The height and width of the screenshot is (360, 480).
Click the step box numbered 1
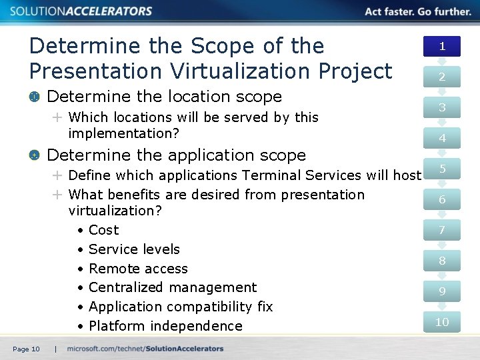click(441, 46)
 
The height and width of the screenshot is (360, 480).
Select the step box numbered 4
click(441, 138)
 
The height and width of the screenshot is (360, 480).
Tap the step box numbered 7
click(441, 230)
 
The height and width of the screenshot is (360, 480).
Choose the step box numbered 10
click(441, 322)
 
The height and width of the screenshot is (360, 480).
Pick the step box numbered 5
click(441, 169)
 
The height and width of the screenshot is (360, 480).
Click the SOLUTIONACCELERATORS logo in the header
click(81, 11)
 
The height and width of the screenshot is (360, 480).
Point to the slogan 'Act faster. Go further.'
click(418, 11)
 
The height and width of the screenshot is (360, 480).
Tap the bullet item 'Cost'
click(103, 230)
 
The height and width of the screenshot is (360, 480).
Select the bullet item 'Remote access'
click(138, 269)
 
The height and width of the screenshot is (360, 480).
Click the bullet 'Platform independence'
click(165, 326)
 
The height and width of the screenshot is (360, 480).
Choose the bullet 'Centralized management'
click(172, 287)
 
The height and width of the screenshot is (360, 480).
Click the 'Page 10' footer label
click(26, 349)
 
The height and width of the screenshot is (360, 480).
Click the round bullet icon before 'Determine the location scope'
click(34, 97)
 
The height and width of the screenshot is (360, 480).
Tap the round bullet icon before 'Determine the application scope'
click(34, 155)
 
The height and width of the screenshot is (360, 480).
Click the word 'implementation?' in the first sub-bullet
click(124, 133)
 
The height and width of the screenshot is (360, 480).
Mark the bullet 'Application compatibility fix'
click(181, 307)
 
